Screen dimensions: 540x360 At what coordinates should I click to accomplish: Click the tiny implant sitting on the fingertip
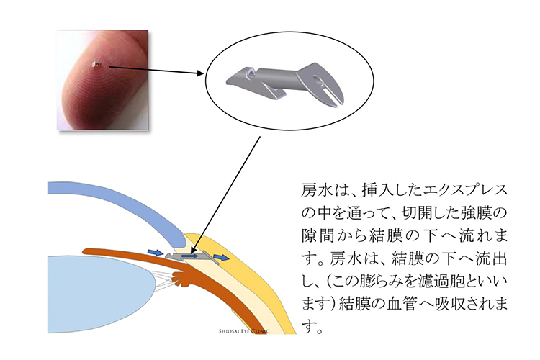[97, 65]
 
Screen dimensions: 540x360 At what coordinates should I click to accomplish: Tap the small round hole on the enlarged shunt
[250, 73]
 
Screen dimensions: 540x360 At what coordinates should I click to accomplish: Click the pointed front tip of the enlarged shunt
[228, 82]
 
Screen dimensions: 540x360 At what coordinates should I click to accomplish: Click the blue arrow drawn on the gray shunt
[190, 256]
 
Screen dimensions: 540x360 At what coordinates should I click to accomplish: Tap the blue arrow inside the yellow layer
[220, 257]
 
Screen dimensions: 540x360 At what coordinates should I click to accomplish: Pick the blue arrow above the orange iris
[155, 253]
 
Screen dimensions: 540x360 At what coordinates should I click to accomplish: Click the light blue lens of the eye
[101, 294]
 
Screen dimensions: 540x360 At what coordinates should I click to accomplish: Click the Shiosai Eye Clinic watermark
[244, 331]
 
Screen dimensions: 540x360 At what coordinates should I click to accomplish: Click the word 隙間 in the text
[315, 236]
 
